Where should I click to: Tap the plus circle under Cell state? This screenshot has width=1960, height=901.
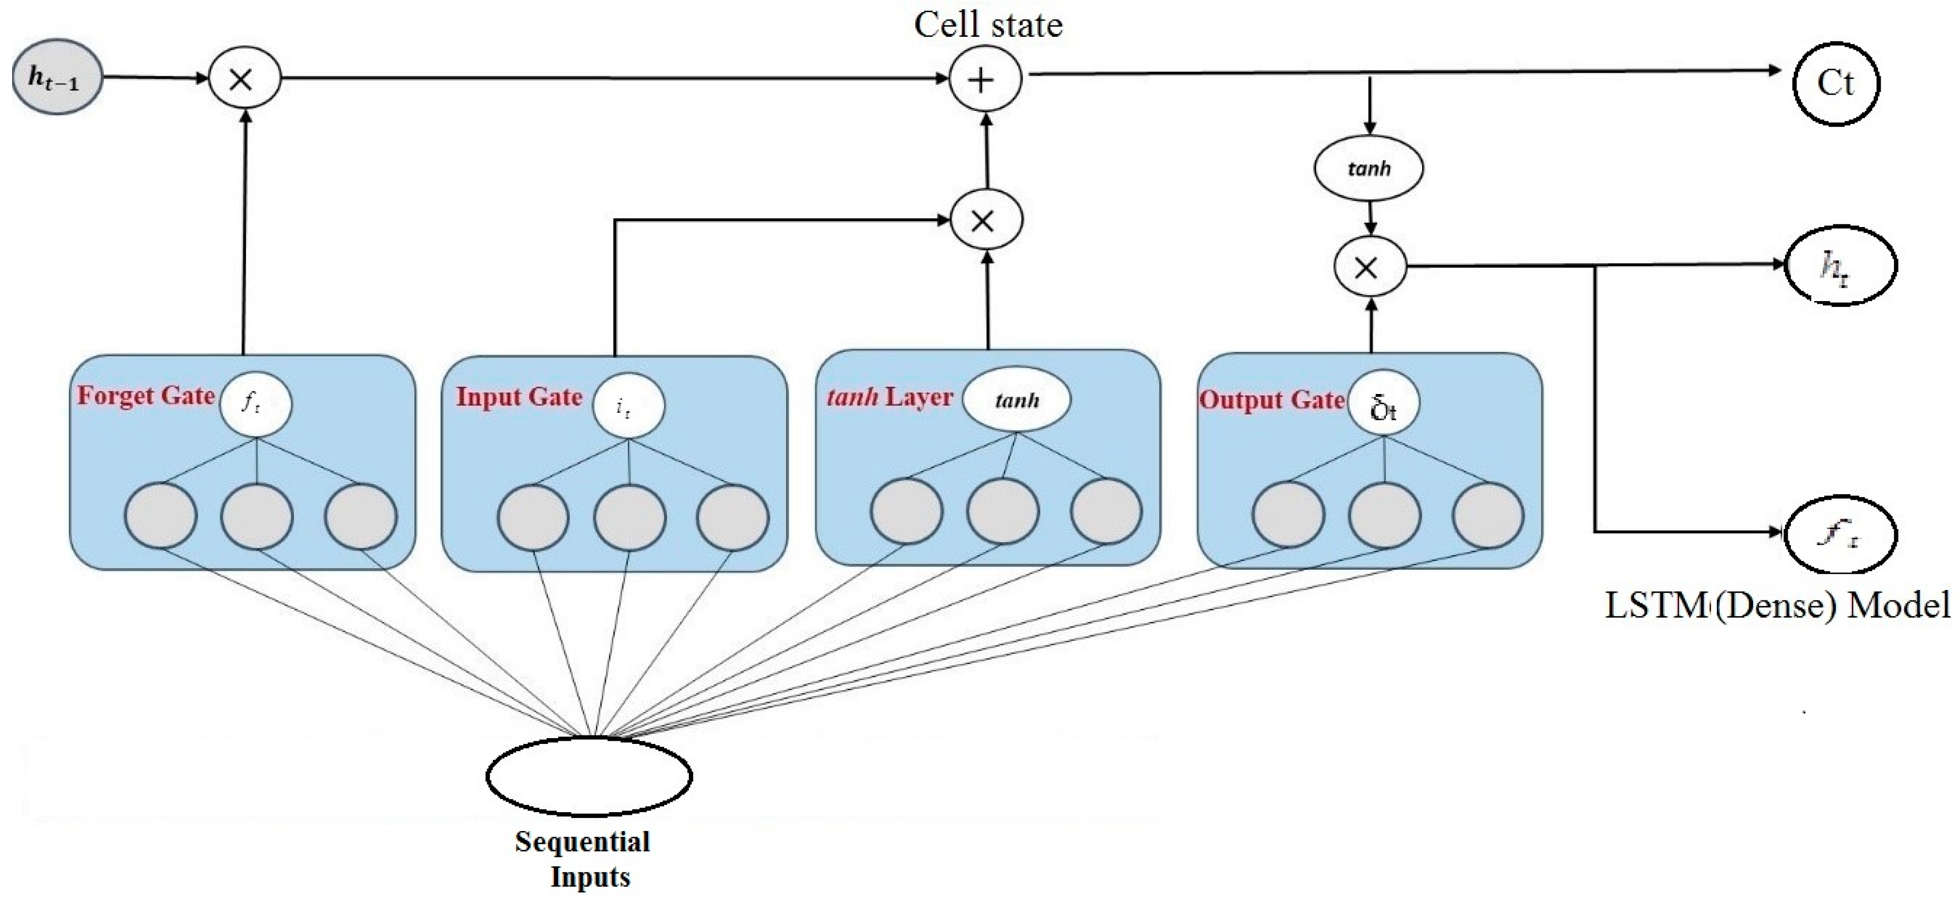984,79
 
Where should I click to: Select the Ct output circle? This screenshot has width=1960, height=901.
1836,82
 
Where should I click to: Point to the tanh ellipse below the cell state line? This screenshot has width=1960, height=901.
1368,168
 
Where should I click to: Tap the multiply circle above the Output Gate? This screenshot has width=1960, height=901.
1369,267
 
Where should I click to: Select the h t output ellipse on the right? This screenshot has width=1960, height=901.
1840,266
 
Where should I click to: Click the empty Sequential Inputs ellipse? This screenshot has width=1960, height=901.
589,775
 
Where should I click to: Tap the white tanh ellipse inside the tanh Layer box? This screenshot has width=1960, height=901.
1016,399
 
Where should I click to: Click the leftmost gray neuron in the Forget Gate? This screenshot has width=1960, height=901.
161,515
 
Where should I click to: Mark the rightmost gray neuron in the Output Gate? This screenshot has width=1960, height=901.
1487,515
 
